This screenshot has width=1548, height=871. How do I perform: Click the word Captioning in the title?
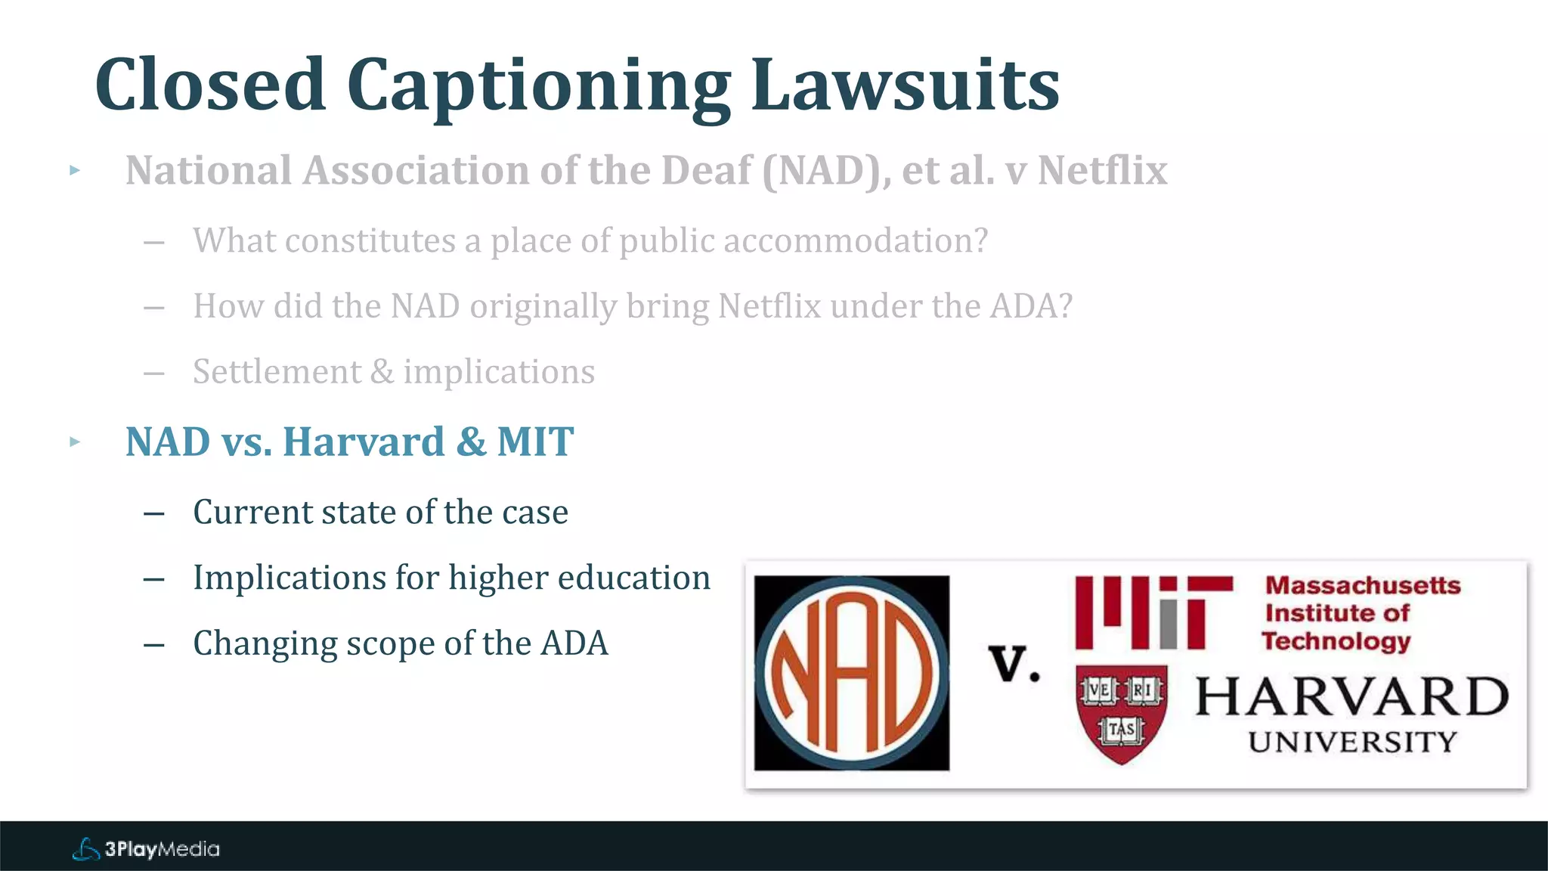coord(538,88)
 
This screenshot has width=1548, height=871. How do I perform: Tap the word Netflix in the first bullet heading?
coord(1102,170)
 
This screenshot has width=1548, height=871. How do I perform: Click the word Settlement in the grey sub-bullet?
coord(277,372)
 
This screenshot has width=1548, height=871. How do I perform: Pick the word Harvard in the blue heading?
coord(364,442)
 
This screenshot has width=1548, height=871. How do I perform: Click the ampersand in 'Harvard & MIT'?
coord(471,442)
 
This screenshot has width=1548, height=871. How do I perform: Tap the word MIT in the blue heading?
coord(535,442)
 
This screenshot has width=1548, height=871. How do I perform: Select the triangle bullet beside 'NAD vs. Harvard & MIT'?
coord(74,442)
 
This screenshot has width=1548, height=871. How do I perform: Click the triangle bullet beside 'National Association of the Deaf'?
coord(74,170)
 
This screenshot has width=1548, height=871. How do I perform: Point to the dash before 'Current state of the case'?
coord(154,513)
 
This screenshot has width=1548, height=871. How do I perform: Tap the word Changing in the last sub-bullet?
coord(265,644)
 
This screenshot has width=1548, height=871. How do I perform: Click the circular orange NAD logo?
coord(852,673)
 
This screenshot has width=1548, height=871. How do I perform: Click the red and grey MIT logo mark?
coord(1153,612)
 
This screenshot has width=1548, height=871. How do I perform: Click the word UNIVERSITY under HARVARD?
coord(1351,742)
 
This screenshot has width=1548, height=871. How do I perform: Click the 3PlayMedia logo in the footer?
coord(146,849)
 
